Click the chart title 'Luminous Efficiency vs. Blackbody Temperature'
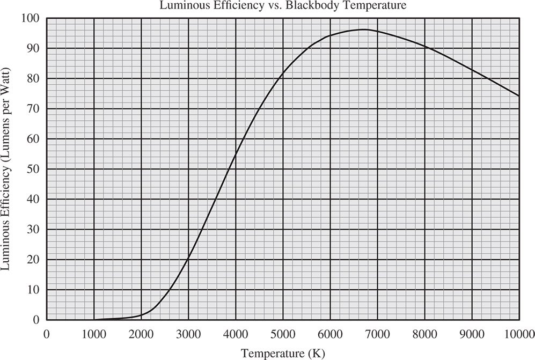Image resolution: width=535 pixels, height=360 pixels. click(x=282, y=6)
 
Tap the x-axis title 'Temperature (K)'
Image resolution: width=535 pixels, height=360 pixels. click(x=282, y=353)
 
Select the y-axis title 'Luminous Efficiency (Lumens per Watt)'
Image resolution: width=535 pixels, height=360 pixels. click(x=7, y=168)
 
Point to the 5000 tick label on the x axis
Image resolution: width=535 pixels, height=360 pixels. click(x=283, y=333)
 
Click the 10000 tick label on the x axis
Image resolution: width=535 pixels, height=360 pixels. click(x=519, y=333)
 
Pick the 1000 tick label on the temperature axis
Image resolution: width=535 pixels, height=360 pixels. click(x=94, y=333)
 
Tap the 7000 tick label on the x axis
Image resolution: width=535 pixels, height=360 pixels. click(x=377, y=333)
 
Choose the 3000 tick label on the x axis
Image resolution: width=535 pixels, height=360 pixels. click(x=188, y=333)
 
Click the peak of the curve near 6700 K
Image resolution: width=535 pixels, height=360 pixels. click(x=364, y=30)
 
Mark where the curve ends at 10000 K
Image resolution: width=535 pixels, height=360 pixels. click(x=519, y=95)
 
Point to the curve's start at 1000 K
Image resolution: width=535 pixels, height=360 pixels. click(x=94, y=319)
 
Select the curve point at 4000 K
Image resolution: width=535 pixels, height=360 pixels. click(x=236, y=154)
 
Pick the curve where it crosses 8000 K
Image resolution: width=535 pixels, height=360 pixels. click(x=424, y=47)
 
